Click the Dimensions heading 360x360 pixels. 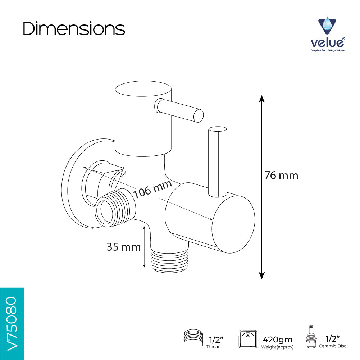coord(74,29)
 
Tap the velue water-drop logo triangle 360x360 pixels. coord(327,25)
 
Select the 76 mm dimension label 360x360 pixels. coord(281,176)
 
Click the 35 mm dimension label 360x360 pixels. coord(124,247)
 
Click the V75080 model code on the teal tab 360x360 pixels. coord(12,324)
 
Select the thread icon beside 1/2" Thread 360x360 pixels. coord(193,337)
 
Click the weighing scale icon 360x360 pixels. coord(248,339)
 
